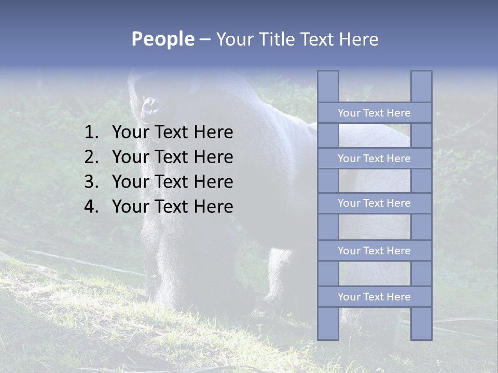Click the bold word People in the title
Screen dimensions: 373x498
pyautogui.click(x=162, y=39)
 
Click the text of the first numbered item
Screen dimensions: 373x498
pyautogui.click(x=172, y=133)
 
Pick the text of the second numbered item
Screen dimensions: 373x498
pyautogui.click(x=172, y=157)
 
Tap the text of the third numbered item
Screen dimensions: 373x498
pyautogui.click(x=172, y=182)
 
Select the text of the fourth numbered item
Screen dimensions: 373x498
pyautogui.click(x=172, y=207)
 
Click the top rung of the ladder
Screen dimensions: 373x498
pyautogui.click(x=374, y=113)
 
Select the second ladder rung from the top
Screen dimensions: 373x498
pyautogui.click(x=374, y=159)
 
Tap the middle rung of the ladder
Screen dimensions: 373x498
pyautogui.click(x=374, y=204)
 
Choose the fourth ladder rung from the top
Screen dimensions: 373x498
pyautogui.click(x=374, y=251)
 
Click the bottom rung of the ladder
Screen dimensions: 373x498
pyautogui.click(x=374, y=297)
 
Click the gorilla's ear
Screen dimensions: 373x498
pyautogui.click(x=151, y=107)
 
